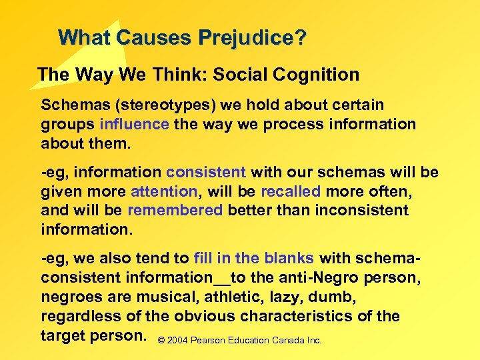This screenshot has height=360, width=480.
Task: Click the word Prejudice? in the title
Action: [x=255, y=37]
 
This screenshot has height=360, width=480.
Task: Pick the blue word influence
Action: [x=134, y=124]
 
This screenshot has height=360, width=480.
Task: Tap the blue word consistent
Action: [x=207, y=173]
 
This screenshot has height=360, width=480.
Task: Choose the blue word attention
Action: [x=165, y=191]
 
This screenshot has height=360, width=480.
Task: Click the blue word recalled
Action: [x=291, y=191]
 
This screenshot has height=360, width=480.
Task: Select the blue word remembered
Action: [x=175, y=210]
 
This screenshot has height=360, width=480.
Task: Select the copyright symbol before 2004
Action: [x=161, y=341]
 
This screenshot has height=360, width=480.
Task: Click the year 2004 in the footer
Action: [x=177, y=341]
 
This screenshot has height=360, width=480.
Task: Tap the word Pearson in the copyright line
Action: [x=207, y=341]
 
